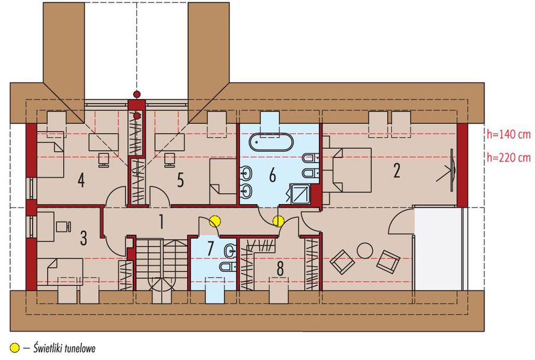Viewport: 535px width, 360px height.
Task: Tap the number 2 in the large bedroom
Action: (x=396, y=170)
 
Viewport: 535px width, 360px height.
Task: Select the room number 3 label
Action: (x=83, y=238)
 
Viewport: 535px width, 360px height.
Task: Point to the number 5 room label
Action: (x=180, y=179)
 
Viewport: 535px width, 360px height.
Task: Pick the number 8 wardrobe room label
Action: (x=280, y=268)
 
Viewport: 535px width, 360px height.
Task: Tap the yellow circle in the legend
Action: (x=14, y=347)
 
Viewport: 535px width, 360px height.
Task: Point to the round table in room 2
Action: (x=364, y=249)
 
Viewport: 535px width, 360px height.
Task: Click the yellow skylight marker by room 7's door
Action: (x=214, y=221)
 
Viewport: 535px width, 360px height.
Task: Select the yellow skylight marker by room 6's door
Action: (x=278, y=221)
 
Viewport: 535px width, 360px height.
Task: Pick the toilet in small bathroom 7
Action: (x=227, y=266)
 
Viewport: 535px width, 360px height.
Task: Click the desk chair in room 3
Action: (x=61, y=226)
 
